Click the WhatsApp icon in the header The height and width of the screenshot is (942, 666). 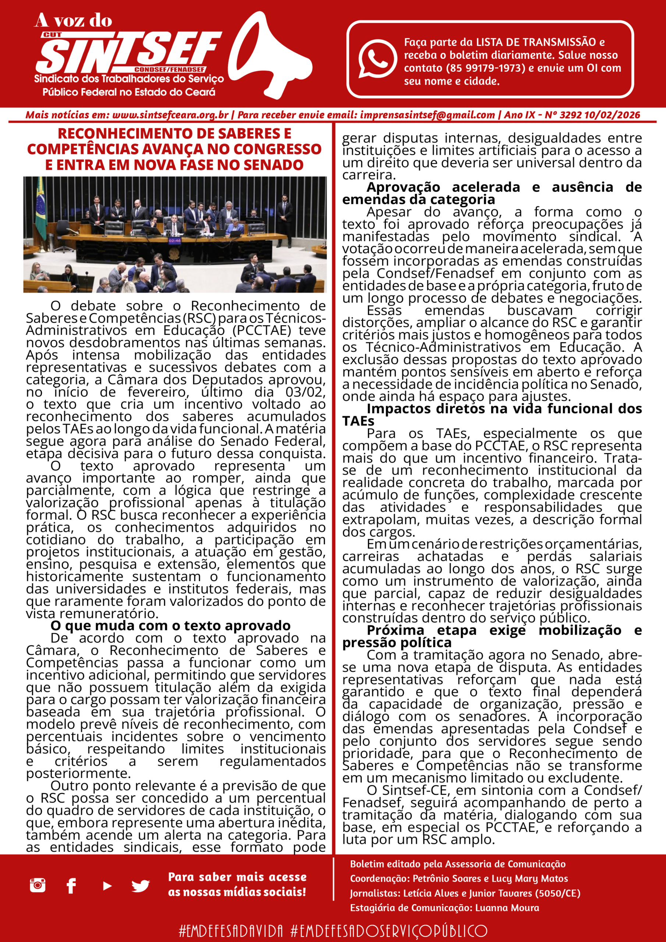[377, 59]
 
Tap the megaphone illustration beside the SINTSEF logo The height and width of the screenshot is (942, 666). [271, 57]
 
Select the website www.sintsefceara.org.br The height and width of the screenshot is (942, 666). [170, 115]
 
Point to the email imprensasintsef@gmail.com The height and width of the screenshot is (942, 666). [427, 115]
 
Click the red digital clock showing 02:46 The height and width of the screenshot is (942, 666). [174, 241]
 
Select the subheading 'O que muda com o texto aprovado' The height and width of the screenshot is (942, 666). [170, 626]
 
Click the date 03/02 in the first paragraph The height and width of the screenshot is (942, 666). [305, 392]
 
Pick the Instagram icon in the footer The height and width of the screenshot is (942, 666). [37, 885]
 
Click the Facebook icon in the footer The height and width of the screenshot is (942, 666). [71, 886]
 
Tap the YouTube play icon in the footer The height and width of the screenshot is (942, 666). [107, 886]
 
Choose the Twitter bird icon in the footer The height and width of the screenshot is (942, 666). [140, 886]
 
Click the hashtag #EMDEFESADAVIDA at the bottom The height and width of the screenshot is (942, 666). [231, 931]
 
